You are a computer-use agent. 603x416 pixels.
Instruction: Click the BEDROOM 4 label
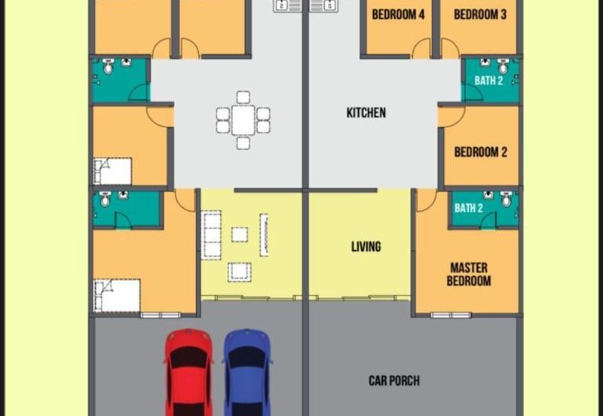tap(398, 14)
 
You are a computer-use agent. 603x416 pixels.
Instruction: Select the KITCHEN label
tap(366, 113)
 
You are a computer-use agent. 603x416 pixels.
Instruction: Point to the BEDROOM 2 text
tap(480, 152)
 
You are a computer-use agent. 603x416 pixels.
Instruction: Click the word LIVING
tap(366, 246)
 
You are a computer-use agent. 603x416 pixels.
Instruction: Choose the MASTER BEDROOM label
tap(469, 274)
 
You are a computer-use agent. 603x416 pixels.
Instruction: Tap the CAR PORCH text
tap(393, 381)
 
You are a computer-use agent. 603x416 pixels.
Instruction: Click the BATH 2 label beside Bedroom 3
tap(488, 81)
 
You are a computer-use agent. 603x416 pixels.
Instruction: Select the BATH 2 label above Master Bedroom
tap(468, 208)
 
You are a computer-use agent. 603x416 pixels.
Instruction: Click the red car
tap(189, 373)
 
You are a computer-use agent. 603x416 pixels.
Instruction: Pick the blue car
tap(248, 373)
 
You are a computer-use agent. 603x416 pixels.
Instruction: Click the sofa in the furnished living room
tap(212, 234)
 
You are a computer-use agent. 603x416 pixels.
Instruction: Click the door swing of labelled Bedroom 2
tap(451, 115)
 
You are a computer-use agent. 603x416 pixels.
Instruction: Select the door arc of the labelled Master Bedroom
tap(426, 200)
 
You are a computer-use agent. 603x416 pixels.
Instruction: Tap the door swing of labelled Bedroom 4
tap(421, 49)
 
